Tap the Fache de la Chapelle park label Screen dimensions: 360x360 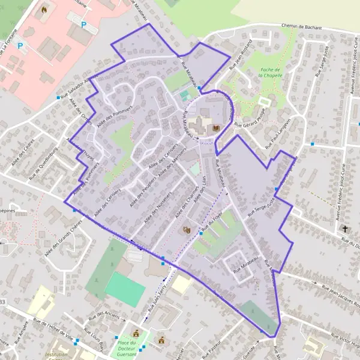coord(269,73)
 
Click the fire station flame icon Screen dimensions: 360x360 coord(44,10)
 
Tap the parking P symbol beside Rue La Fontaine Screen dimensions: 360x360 coord(21,45)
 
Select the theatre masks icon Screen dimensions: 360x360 coord(186,229)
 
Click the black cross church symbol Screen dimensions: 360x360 coord(344,229)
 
